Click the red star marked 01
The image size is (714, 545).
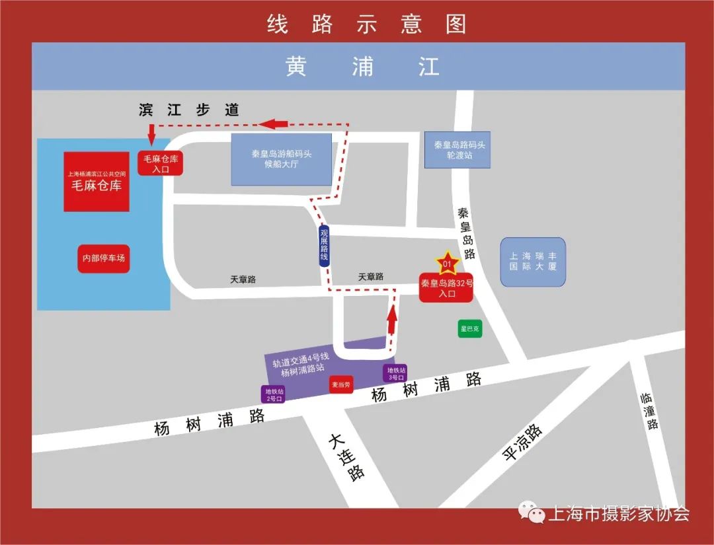447,264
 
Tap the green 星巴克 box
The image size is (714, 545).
470,328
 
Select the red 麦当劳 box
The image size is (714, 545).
342,384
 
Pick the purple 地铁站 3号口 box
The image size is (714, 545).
395,373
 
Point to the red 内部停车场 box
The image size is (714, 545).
103,258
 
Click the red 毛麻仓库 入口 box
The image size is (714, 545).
161,163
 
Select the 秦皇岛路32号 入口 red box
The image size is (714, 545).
446,289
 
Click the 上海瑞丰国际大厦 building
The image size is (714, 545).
533,262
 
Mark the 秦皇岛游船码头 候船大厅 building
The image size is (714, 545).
281,159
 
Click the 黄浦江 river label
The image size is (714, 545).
362,67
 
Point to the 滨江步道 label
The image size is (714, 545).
189,110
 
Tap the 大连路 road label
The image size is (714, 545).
345,457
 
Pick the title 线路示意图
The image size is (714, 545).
367,24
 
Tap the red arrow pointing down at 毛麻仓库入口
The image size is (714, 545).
151,134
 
